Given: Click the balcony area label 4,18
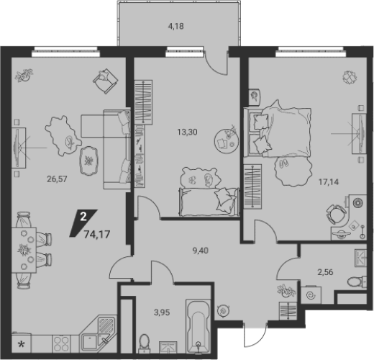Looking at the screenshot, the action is tap(175, 26).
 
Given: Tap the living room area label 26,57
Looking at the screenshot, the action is tap(57, 179).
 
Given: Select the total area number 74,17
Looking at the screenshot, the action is tap(97, 234).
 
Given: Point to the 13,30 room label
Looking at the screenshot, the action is tap(187, 132).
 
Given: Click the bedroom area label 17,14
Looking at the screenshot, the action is tap(329, 182).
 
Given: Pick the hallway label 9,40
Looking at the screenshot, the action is tap(201, 251).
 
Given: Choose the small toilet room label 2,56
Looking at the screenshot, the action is tap(325, 272).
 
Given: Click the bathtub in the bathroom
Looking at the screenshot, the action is tap(199, 325).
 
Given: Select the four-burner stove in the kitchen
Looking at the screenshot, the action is tap(60, 344).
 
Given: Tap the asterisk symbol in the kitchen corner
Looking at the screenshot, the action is tap(22, 345).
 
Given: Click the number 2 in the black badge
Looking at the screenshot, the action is tap(83, 217).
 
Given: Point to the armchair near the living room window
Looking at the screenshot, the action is tap(106, 81).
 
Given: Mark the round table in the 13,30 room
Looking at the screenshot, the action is tap(227, 141).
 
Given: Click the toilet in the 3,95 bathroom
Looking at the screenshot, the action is tap(145, 343).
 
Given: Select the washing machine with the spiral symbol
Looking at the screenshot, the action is tap(311, 295).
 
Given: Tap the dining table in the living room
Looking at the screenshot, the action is tap(24, 251).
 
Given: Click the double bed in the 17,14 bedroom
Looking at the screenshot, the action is tap(278, 132).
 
